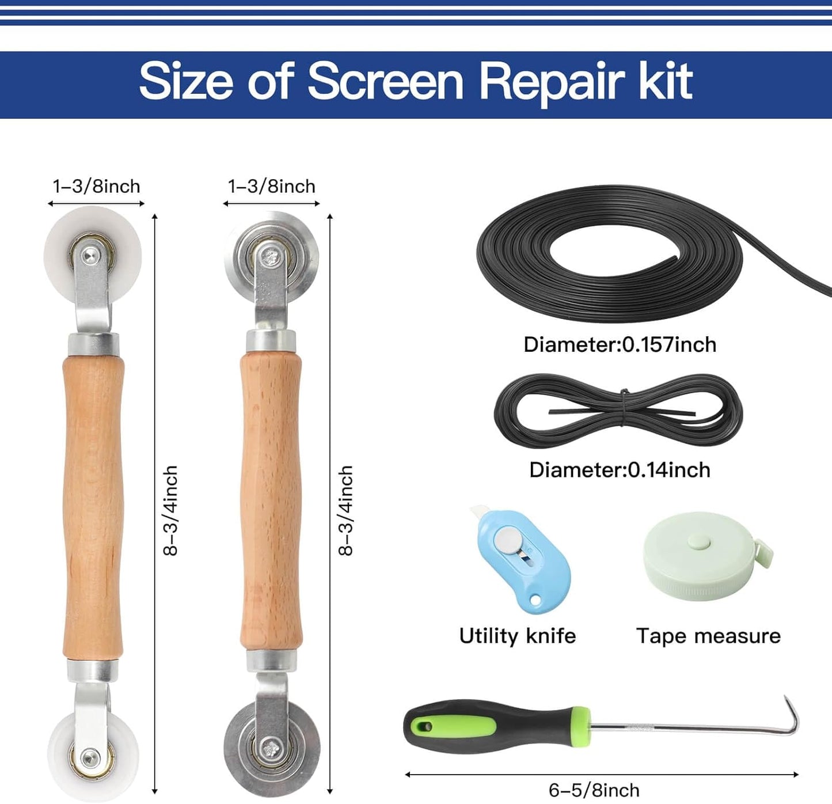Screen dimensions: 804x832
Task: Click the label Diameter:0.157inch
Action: click(x=620, y=344)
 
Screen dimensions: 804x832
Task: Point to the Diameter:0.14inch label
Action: click(x=620, y=470)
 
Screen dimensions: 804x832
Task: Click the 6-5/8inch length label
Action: click(x=594, y=790)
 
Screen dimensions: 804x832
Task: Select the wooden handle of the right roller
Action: click(x=271, y=501)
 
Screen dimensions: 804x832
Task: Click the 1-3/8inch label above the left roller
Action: click(x=96, y=187)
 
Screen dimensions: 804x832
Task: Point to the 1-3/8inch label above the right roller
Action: click(x=271, y=187)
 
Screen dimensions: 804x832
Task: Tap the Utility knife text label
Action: click(x=517, y=636)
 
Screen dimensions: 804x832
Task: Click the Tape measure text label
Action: click(x=708, y=636)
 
